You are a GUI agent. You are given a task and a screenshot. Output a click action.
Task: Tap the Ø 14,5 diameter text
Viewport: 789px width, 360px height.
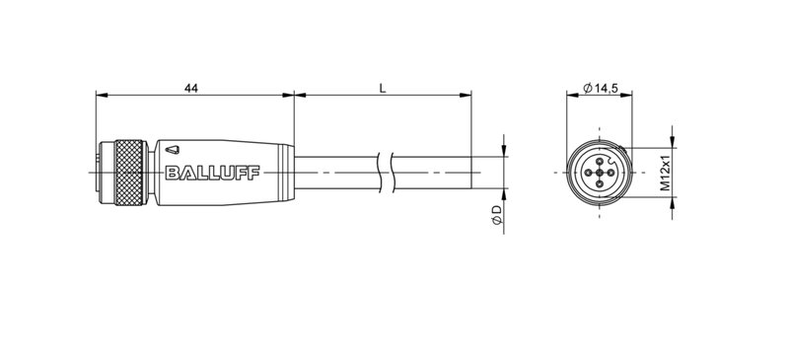point(601,89)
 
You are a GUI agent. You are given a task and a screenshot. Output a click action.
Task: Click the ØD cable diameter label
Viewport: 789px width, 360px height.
point(498,217)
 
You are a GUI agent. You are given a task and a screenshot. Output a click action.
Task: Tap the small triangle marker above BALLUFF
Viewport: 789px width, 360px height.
point(173,151)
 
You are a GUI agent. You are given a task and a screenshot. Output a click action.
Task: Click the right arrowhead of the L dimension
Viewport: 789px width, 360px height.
point(466,96)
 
